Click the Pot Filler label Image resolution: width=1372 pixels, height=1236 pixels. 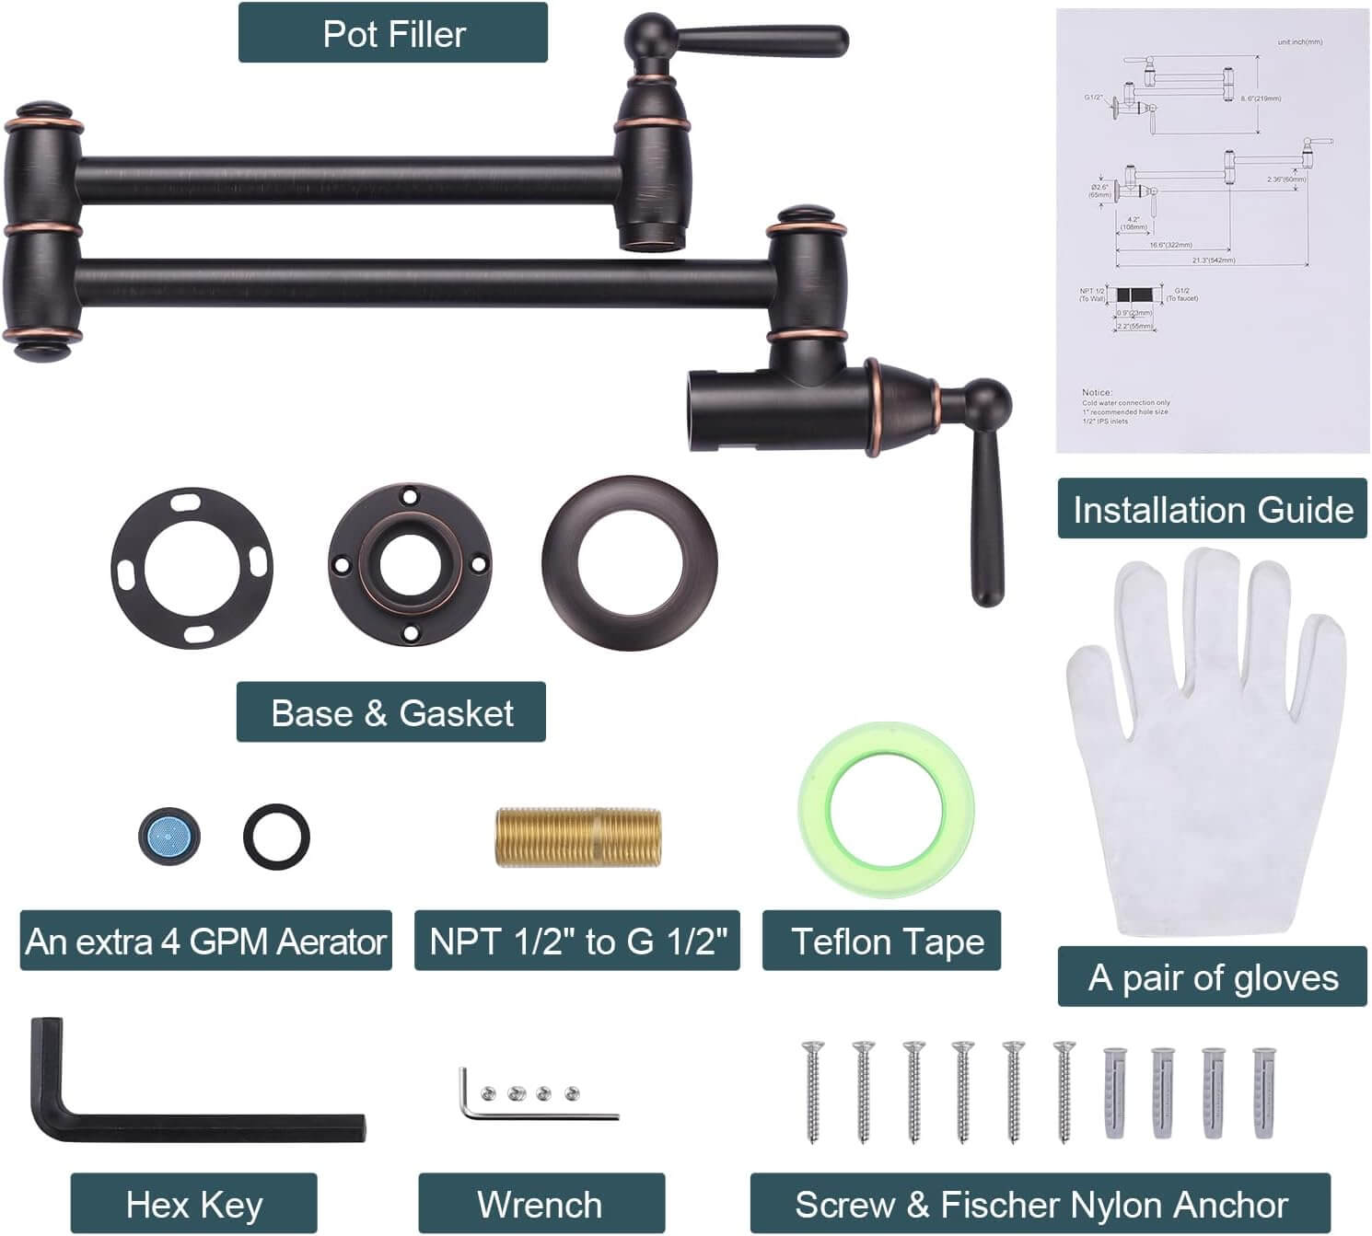tap(393, 33)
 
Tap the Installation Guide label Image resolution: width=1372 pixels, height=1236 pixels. tap(1212, 509)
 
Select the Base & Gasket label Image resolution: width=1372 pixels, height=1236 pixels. tap(391, 712)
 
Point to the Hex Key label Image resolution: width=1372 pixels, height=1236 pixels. tap(193, 1204)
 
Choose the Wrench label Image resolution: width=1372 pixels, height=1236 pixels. tap(540, 1204)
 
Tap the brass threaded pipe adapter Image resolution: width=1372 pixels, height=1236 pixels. tap(578, 837)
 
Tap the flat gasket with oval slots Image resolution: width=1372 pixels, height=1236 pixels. tap(192, 568)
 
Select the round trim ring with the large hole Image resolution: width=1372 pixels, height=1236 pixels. tap(629, 563)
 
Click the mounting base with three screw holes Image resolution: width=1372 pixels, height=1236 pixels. tap(409, 564)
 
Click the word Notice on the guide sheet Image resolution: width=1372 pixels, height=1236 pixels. tap(1097, 392)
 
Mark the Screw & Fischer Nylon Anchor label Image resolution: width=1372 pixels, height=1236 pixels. tap(1041, 1204)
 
